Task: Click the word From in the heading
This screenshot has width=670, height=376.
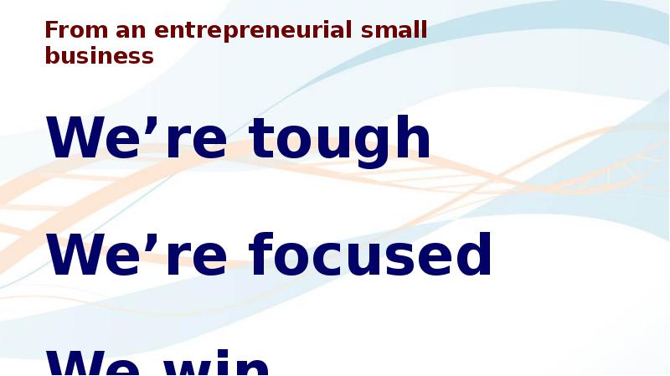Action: point(68,31)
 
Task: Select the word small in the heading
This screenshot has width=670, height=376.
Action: point(394,31)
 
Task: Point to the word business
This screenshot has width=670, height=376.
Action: point(99,55)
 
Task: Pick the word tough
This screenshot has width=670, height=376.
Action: point(340,138)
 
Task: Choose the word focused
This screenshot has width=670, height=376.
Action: point(370,255)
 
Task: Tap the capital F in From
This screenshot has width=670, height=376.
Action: point(51,31)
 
